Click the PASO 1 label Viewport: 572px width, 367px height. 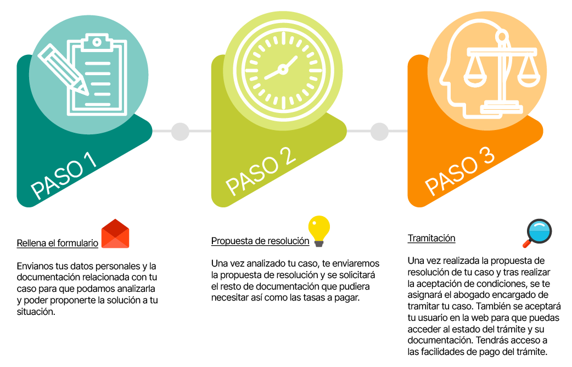point(65,174)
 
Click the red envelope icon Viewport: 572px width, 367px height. point(115,234)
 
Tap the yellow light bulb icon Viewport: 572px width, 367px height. point(319,230)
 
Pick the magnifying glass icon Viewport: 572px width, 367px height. point(537,233)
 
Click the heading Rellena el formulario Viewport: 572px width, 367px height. point(58,243)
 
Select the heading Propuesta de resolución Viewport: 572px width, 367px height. point(260,241)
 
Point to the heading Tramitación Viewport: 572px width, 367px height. point(431,239)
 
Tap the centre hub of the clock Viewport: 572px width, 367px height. point(283,69)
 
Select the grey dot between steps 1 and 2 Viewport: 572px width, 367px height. point(180,132)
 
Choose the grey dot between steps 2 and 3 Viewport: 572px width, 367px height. point(379,132)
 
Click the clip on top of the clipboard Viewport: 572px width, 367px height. point(97,41)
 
